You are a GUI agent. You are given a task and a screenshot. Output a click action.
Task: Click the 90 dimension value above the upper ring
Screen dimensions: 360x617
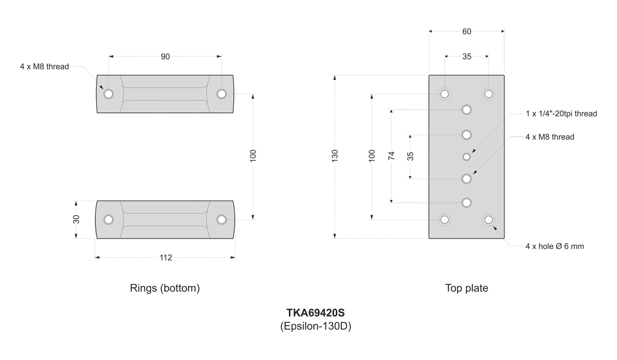point(165,57)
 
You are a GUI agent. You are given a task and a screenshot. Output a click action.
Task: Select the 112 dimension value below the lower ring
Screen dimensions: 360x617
point(165,258)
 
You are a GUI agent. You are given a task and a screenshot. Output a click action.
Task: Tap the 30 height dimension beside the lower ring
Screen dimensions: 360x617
point(76,219)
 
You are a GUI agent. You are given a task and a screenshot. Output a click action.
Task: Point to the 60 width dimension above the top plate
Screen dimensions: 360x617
point(466,31)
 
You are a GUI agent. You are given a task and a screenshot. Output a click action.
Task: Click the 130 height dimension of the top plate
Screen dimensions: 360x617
point(335,156)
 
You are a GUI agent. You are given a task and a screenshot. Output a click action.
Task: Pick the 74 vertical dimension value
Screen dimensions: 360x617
point(391,156)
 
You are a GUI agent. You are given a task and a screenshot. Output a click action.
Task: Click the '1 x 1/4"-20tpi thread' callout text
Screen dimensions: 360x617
point(561,114)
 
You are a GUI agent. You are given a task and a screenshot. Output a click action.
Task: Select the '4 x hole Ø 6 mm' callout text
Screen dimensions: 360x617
point(554,246)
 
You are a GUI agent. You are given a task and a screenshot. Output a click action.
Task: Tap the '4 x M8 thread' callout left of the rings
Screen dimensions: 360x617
point(44,66)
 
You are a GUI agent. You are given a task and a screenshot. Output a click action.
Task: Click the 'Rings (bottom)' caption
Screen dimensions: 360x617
point(165,289)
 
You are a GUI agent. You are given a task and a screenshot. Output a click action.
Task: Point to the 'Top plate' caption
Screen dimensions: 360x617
point(466,289)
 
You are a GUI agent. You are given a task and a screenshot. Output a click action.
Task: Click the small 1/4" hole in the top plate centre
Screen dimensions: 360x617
point(466,156)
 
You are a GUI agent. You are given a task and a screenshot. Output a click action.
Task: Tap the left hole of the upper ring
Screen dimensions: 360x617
point(108,94)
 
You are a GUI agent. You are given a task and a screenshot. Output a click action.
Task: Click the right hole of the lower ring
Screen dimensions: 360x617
point(222,220)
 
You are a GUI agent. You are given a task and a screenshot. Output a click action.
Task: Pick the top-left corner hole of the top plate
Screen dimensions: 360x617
point(445,94)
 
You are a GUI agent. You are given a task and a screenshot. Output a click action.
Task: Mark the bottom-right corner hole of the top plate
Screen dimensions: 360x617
point(488,220)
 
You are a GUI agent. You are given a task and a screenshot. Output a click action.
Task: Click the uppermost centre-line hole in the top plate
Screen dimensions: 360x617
point(466,110)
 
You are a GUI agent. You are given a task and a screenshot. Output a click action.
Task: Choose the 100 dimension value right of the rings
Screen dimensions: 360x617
point(253,156)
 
